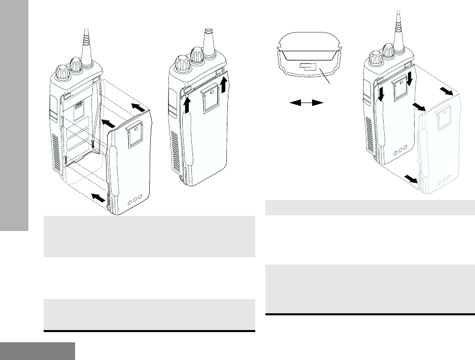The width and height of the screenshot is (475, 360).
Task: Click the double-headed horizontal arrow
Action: pos(307,103)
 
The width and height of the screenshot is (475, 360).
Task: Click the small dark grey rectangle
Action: pos(38,350)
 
